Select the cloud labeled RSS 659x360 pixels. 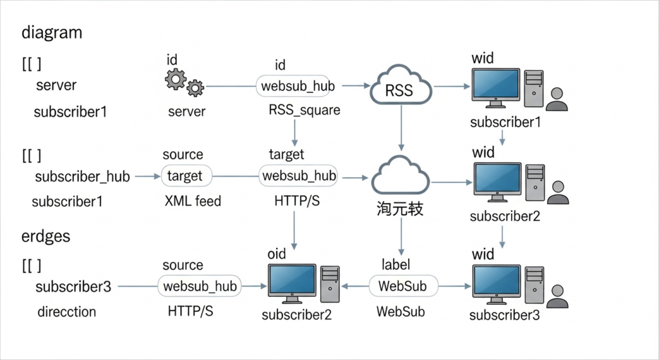coord(400,86)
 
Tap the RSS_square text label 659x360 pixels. coord(304,110)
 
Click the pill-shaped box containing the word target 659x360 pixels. coord(185,176)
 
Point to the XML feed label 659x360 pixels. coord(192,201)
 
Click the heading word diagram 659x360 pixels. coord(51,32)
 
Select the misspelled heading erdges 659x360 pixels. coord(46,236)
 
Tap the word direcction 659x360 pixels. coord(66,312)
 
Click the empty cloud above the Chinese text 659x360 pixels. coord(400,176)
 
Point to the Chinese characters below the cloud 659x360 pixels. coord(400,209)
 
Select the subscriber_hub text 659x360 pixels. coord(82,176)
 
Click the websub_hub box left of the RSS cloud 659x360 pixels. coord(299,86)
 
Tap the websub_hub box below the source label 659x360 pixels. coord(200,286)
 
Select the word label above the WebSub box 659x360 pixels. coord(396,264)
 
